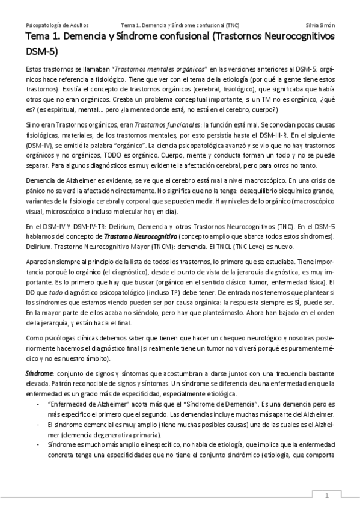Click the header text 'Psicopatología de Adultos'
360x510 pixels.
pyautogui.click(x=58, y=25)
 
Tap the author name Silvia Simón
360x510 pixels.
pyautogui.click(x=320, y=25)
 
